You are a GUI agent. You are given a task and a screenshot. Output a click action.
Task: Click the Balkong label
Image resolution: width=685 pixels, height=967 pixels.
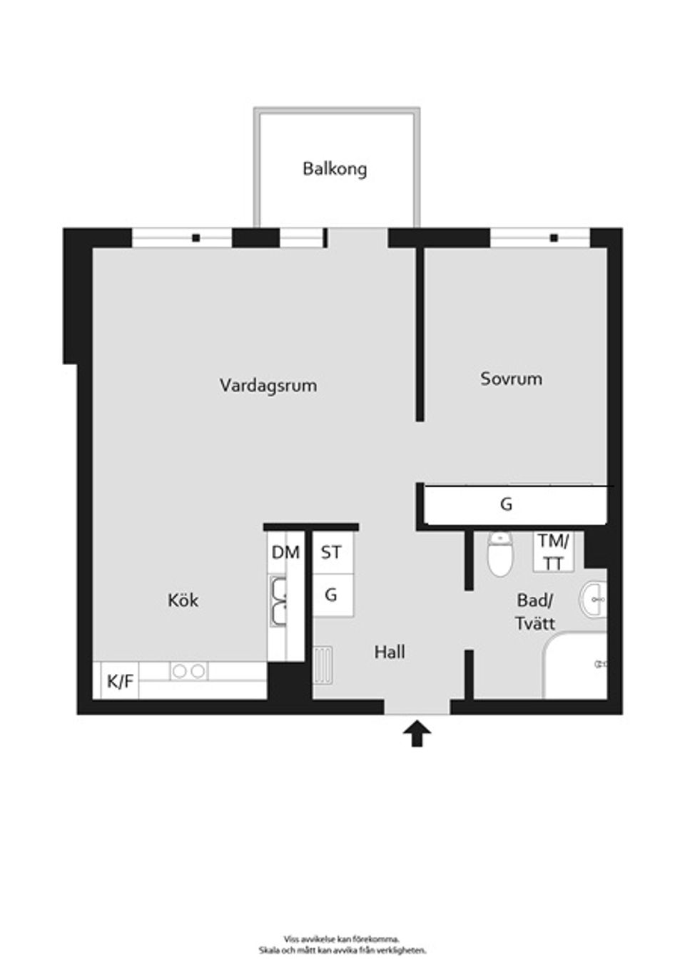point(335,169)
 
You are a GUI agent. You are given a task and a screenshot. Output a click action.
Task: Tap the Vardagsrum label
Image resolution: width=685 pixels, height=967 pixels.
point(268,384)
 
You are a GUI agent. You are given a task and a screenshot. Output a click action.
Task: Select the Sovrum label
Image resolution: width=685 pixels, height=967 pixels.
point(512,379)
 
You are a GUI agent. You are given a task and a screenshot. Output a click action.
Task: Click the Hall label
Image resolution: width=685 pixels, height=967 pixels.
point(390,652)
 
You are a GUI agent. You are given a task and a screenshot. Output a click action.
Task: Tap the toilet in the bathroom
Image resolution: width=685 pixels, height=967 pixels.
point(500,553)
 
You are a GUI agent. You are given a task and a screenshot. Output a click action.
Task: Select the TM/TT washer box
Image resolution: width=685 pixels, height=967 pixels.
point(553,551)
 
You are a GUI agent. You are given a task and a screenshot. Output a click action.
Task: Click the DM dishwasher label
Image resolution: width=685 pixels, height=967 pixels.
point(285,552)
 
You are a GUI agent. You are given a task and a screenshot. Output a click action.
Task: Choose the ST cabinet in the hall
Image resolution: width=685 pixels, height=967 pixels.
point(333,553)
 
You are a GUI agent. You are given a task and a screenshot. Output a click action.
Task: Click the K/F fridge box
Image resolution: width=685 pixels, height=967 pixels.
point(120,681)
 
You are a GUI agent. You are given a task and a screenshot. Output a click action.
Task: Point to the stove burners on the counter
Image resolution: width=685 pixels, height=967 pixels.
point(189,671)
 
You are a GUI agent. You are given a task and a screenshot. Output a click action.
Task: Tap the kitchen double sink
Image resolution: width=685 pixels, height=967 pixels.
point(278,600)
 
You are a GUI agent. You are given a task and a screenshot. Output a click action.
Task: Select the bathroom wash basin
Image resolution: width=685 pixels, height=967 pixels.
point(594,599)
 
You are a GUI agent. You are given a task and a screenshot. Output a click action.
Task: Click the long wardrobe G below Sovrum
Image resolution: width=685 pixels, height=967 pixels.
point(515,505)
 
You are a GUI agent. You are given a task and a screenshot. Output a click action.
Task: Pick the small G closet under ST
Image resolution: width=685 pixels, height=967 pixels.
point(333,595)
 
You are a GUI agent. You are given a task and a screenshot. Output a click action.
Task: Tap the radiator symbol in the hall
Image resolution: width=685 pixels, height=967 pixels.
point(323,665)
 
